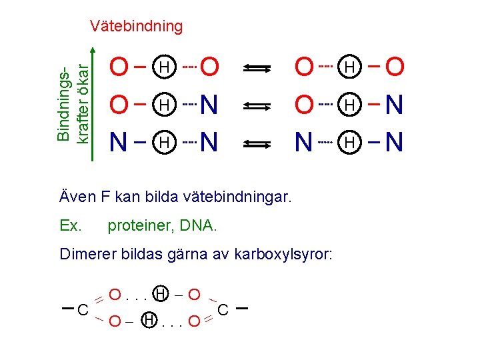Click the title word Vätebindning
coord(136,26)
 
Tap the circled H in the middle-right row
coord(349,105)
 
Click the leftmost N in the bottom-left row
coord(119,142)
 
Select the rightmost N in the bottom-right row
coord(394,142)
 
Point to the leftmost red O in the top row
coord(119,67)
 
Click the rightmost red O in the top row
coord(395,67)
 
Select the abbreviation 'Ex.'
coord(71,226)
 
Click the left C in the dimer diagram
coord(83,310)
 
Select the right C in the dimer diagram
coord(223,310)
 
